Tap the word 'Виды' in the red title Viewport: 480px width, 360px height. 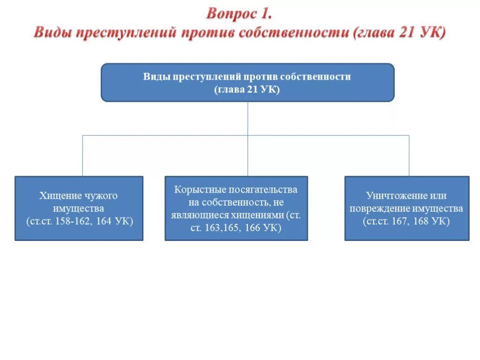51,33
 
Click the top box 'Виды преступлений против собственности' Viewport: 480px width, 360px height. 247,82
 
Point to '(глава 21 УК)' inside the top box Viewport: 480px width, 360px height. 247,90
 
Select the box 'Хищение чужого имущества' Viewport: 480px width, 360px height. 79,208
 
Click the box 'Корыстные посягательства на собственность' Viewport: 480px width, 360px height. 236,208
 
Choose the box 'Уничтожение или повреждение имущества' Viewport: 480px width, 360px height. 406,208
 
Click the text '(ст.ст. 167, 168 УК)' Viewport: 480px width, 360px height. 406,221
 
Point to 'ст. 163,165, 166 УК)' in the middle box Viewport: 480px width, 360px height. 236,228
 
